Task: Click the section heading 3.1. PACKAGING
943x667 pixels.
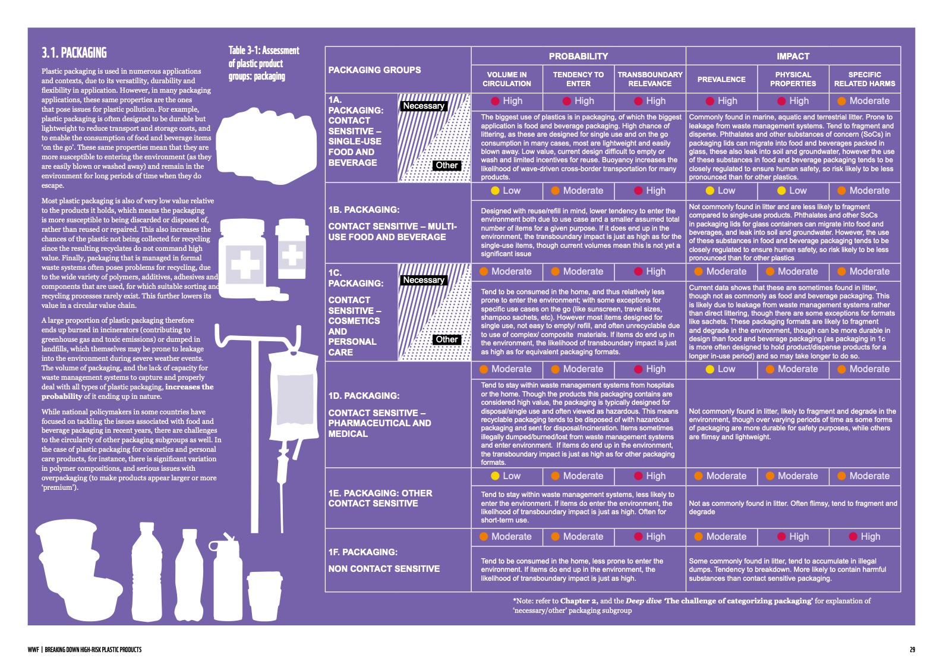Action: coord(74,53)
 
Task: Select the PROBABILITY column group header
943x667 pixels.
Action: coord(578,56)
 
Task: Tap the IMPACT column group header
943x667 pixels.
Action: coord(793,56)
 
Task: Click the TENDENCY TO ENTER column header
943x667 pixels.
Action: coord(578,79)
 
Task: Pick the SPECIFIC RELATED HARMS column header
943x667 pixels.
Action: coord(865,79)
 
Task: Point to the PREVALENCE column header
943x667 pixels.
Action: coord(721,79)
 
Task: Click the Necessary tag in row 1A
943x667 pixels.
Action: coord(424,106)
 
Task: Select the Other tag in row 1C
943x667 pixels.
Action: coord(447,339)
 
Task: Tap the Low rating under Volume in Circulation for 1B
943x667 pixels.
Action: coord(506,191)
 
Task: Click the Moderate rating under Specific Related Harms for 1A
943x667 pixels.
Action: coord(864,101)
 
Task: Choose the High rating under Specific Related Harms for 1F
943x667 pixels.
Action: coord(865,537)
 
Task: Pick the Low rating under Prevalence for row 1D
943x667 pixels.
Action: coord(721,369)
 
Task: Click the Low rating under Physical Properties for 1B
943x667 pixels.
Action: coord(793,191)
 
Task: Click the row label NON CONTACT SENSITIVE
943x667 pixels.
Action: coord(384,569)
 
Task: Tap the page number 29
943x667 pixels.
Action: coord(912,650)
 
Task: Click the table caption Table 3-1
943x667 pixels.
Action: coord(264,63)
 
